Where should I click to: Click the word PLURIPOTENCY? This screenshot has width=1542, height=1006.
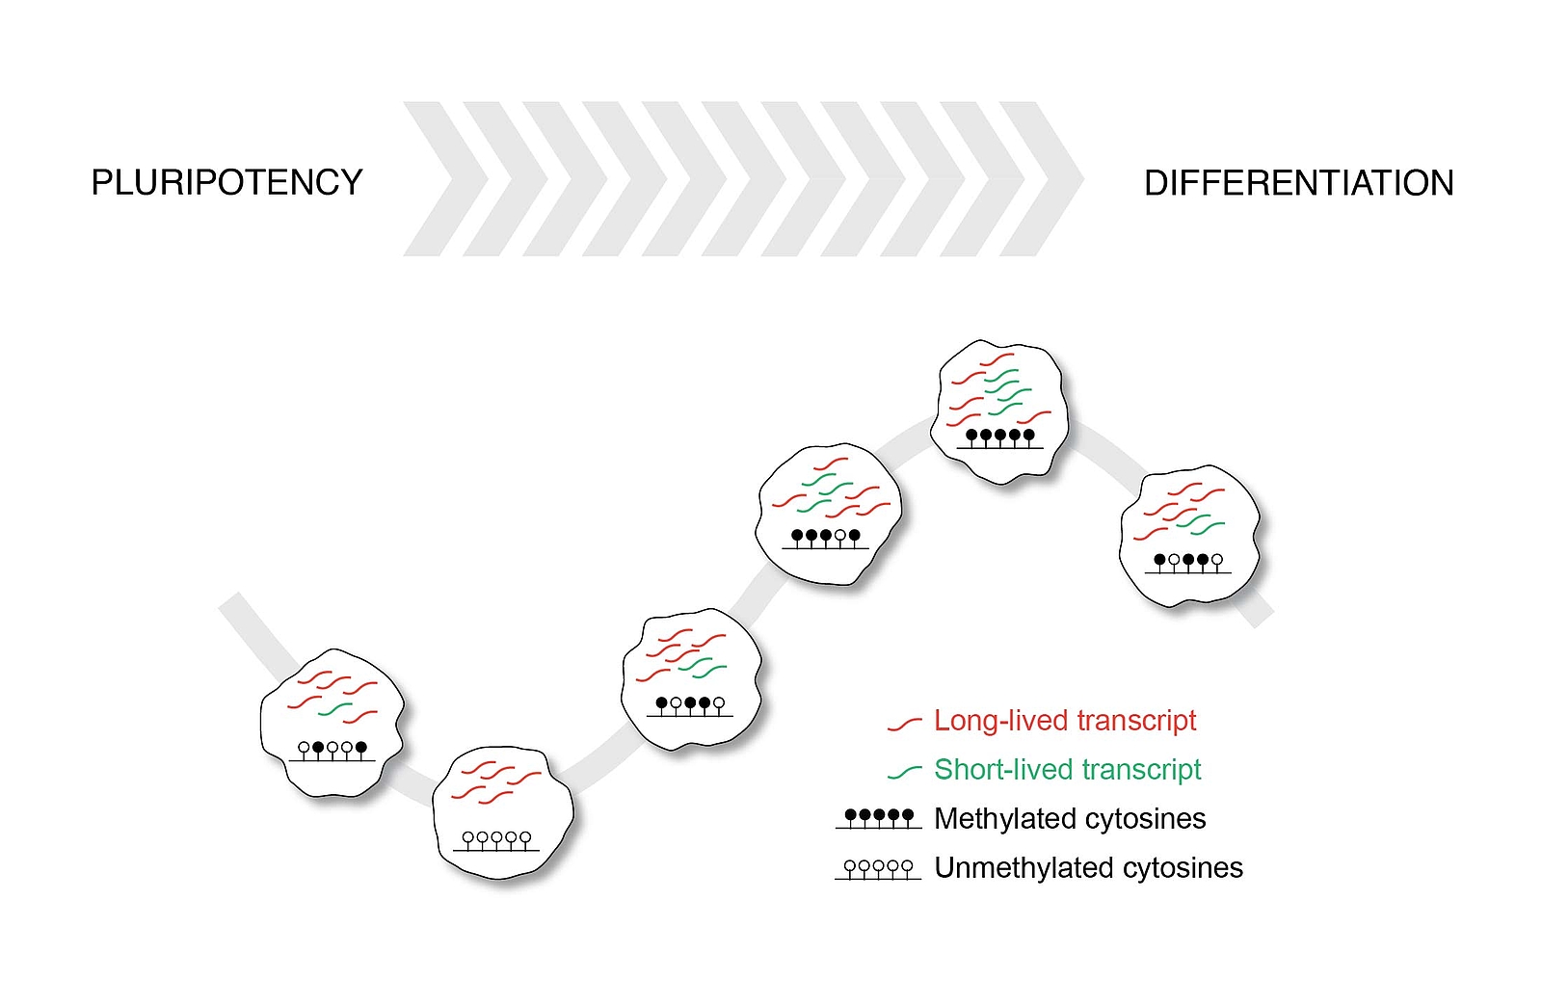(x=226, y=182)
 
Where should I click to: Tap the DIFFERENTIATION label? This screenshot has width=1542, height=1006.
(x=1299, y=183)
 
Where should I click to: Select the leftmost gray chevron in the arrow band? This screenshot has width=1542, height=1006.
(x=445, y=179)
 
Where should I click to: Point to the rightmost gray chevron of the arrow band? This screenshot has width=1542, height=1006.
(x=1042, y=179)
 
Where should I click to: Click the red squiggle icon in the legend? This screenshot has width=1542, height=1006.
(x=905, y=724)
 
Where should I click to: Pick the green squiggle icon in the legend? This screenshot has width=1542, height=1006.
(x=905, y=772)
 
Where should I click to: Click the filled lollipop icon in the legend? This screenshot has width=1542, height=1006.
(x=879, y=818)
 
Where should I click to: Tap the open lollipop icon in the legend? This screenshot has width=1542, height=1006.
(x=878, y=869)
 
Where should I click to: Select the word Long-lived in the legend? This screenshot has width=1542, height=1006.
(x=1001, y=721)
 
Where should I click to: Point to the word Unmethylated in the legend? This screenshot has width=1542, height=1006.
(x=1024, y=867)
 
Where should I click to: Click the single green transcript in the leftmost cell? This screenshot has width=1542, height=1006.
(x=335, y=709)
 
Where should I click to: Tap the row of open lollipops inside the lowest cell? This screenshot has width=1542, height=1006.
(x=496, y=841)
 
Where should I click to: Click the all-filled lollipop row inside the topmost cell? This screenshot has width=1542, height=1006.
(x=1000, y=438)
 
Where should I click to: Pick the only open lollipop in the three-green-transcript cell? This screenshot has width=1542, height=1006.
(x=839, y=538)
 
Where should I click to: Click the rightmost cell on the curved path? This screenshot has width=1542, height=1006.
(x=1190, y=536)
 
